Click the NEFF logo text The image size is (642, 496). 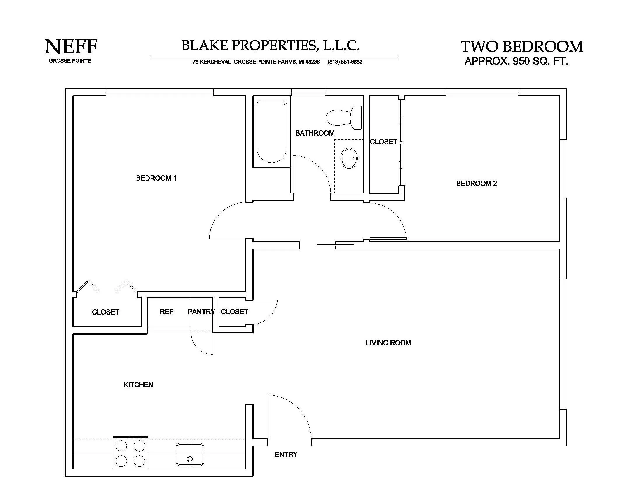pos(71,46)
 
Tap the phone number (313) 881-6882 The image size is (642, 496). pos(345,62)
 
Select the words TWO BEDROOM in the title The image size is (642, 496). pos(522,47)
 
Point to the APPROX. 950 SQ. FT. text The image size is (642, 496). pos(516,61)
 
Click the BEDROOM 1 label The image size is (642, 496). pos(156,178)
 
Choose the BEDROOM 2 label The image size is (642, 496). pos(477,183)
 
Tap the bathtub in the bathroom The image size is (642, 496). pos(272,131)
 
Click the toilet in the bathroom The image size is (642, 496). pos(344,117)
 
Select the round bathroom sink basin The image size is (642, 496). pos(349,158)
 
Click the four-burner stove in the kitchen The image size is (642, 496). pos(130,453)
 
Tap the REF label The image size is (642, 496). pos(166,312)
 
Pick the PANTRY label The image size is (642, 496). pos(201,312)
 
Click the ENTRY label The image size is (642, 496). pos(286,454)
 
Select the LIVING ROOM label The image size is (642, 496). pos(388,343)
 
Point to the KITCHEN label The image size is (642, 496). pos(138,385)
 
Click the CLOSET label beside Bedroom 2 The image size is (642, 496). pos(383,142)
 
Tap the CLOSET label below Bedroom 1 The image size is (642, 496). pos(105,312)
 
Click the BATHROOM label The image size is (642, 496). pos(315,133)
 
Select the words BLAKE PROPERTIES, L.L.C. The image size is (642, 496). pos(271,46)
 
